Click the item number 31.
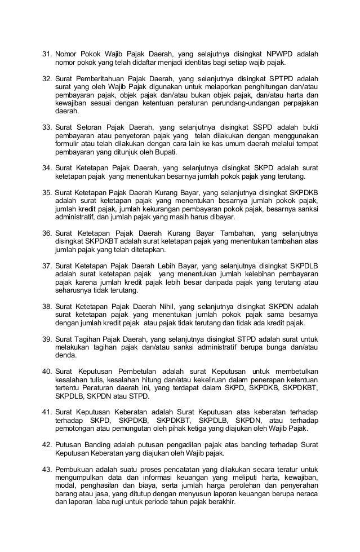[x=47, y=55]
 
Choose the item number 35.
[x=47, y=193]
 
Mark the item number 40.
[x=47, y=371]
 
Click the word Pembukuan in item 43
[x=76, y=469]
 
